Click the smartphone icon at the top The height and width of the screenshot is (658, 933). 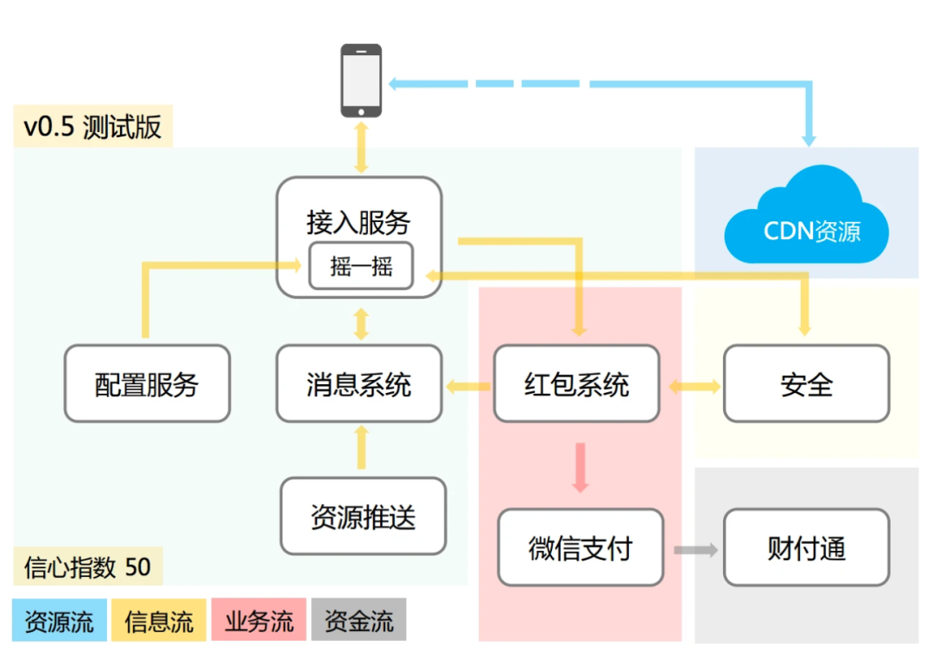(x=361, y=80)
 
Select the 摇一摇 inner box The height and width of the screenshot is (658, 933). (x=361, y=267)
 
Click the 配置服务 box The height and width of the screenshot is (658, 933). (x=147, y=383)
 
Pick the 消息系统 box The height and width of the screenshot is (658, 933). (x=359, y=383)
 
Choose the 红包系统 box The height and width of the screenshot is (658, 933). (x=576, y=383)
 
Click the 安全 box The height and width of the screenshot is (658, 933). (x=806, y=383)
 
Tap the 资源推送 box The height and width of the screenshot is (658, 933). (x=363, y=516)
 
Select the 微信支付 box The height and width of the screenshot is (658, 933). (x=581, y=547)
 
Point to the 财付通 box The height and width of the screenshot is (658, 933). (x=806, y=547)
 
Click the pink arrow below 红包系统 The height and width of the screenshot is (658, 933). (x=581, y=467)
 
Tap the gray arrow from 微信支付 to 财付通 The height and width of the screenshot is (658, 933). (x=695, y=549)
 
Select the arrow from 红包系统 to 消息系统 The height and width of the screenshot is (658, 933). (x=467, y=386)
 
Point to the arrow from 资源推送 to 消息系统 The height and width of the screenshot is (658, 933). (x=361, y=448)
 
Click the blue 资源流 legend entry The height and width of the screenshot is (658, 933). (x=60, y=621)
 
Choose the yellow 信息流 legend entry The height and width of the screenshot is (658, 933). (x=159, y=621)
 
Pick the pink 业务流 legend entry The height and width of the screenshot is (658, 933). (x=258, y=621)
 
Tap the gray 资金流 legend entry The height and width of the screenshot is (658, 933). (x=358, y=621)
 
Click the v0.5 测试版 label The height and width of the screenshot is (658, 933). (x=92, y=127)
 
